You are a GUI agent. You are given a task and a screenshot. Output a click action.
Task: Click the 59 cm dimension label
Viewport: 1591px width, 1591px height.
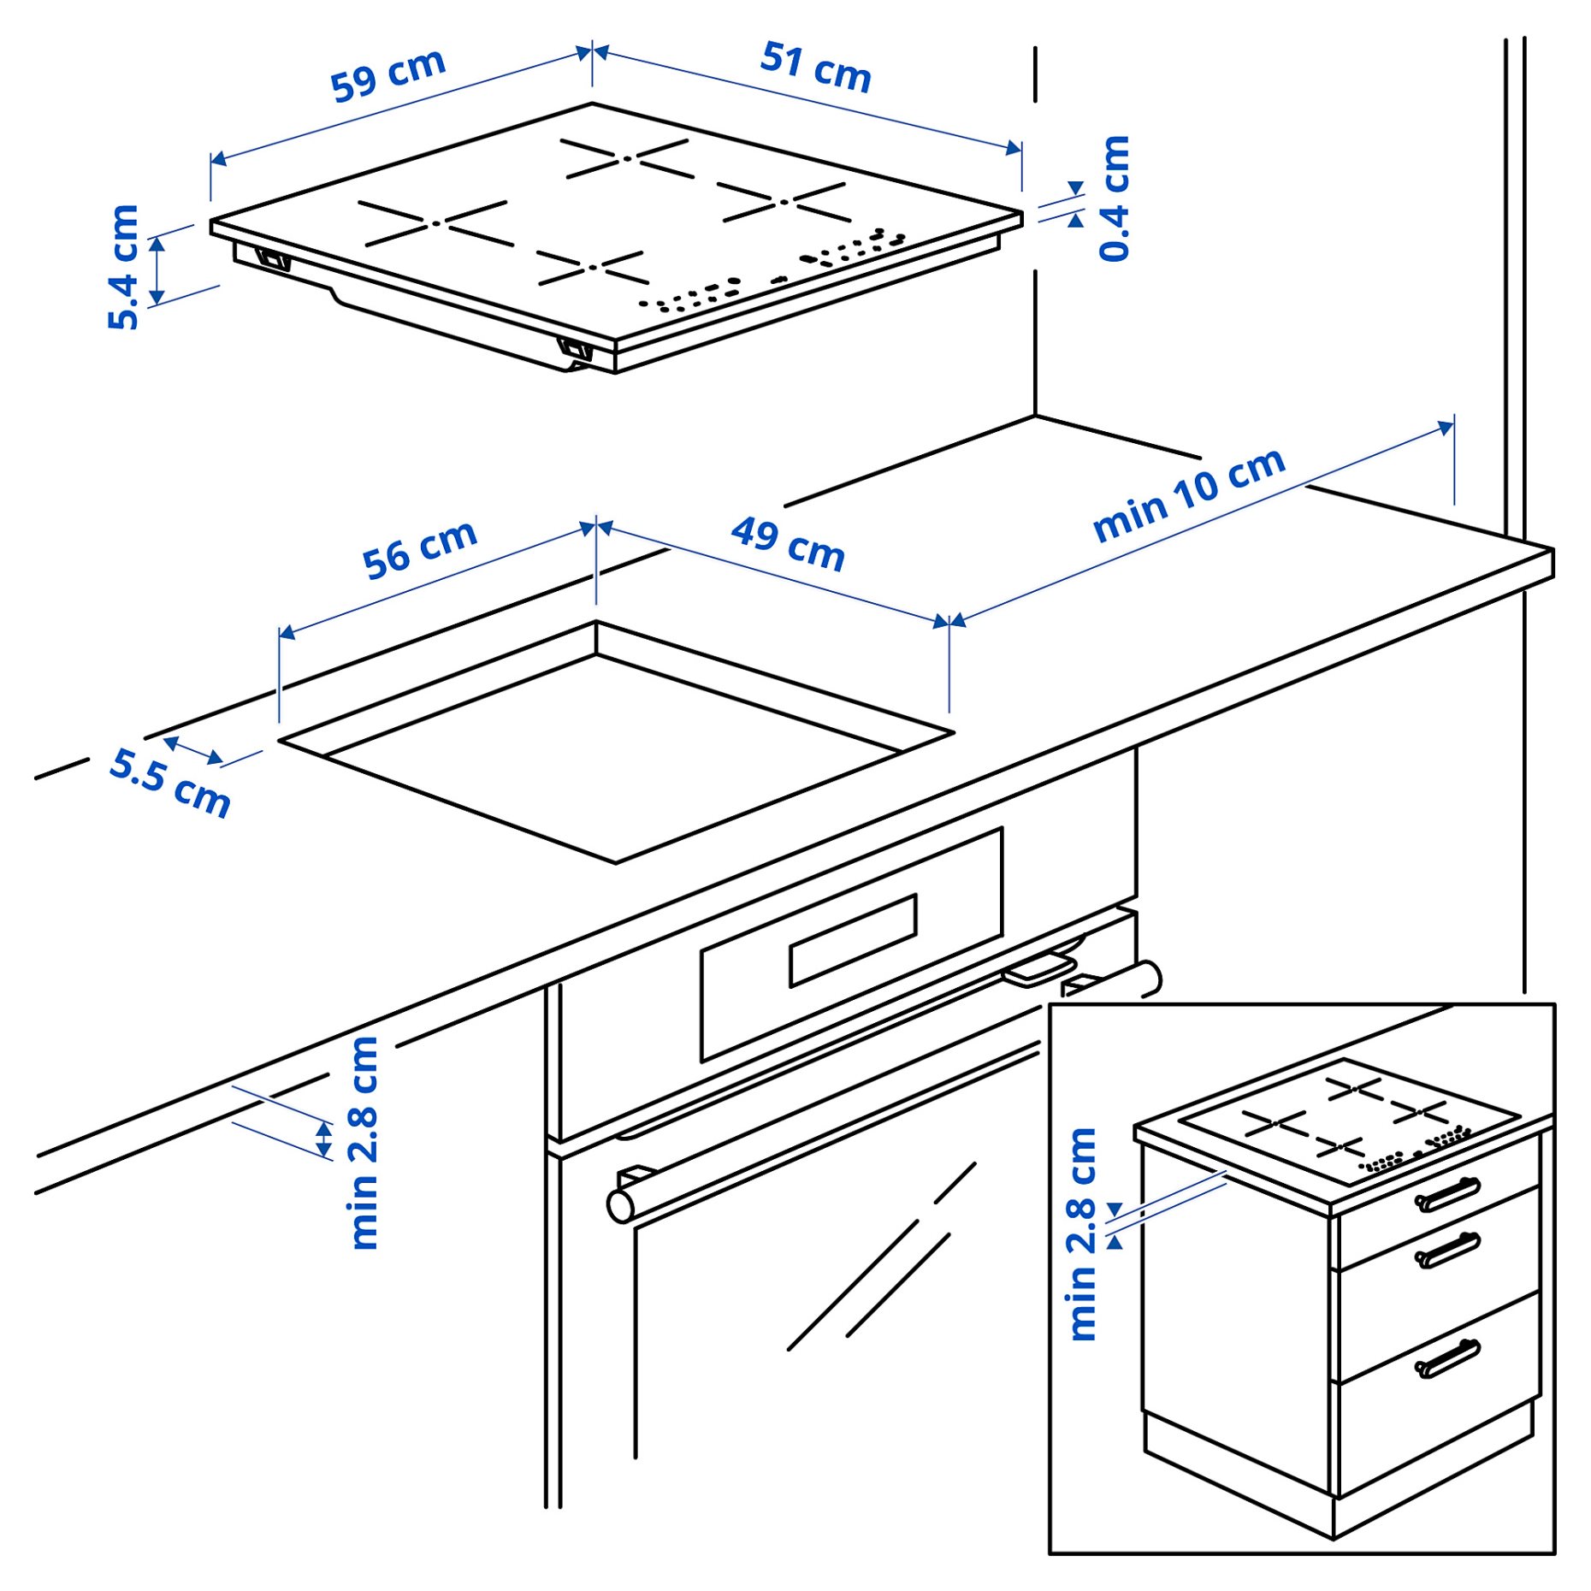point(388,74)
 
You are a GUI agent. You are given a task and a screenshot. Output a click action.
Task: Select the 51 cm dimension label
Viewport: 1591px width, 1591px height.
point(816,67)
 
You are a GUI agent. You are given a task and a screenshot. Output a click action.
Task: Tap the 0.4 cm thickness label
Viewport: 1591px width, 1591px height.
point(1115,198)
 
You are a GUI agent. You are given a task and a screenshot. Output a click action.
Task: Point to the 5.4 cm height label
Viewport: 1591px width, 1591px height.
point(123,266)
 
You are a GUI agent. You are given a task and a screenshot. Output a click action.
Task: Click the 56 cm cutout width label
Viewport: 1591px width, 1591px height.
point(419,549)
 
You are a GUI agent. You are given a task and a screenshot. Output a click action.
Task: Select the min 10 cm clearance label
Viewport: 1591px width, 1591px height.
point(1189,494)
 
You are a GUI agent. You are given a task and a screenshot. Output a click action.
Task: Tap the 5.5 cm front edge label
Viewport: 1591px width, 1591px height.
point(170,783)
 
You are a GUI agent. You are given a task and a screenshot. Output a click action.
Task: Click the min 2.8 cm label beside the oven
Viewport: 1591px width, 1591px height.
point(364,1142)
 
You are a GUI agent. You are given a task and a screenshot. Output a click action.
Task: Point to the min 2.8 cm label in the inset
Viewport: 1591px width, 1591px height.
point(1083,1233)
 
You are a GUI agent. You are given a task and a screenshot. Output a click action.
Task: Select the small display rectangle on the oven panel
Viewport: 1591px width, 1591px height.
point(853,940)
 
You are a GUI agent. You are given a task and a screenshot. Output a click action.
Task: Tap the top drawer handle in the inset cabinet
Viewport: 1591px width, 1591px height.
point(1447,1195)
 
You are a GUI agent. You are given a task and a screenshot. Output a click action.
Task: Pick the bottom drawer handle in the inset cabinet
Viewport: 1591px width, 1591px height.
point(1447,1357)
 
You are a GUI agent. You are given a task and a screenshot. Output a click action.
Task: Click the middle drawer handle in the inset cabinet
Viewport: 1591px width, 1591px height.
point(1447,1250)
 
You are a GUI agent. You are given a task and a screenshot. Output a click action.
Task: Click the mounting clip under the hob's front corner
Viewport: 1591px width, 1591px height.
point(575,348)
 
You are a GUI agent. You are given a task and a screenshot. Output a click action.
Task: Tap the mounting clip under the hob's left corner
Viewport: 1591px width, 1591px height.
point(273,258)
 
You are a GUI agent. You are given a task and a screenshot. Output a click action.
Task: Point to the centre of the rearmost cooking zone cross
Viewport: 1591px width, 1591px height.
point(627,158)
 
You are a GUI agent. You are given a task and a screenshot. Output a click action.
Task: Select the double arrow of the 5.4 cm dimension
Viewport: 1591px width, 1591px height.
point(157,271)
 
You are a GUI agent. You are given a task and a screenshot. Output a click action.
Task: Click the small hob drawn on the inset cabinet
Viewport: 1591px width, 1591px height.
point(1349,1121)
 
